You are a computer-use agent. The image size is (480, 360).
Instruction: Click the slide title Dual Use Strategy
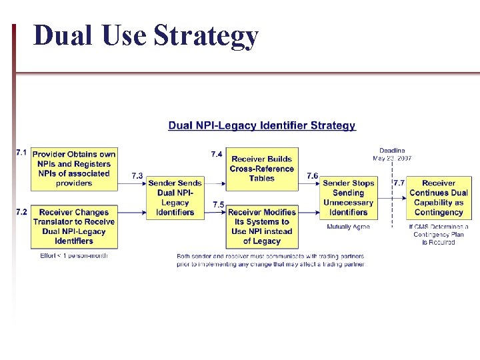145,36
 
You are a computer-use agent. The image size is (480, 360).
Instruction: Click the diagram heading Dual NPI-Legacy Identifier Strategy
262,125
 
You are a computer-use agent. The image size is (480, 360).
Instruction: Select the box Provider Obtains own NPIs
74,168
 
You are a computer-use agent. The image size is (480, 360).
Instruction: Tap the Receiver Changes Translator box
74,227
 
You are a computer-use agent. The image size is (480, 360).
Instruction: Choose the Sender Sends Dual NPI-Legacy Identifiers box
175,197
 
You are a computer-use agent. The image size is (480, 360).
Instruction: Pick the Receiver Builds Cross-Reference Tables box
261,169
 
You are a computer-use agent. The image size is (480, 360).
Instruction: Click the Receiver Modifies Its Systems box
261,227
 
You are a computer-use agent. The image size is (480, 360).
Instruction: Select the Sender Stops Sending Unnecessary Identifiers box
348,197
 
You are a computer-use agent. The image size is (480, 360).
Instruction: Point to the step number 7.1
21,153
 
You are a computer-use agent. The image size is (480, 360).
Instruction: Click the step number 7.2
21,211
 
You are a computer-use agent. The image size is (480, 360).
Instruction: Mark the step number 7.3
137,175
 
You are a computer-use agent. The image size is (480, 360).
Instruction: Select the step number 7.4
217,154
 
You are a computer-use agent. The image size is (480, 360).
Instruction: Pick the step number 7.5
218,204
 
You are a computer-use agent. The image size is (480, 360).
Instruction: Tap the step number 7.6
313,175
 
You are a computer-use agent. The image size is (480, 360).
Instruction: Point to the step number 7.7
399,182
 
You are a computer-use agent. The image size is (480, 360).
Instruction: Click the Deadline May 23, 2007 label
392,155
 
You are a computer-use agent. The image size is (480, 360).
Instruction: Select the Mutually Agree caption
348,227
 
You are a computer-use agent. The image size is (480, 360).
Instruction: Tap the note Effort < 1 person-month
74,255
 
